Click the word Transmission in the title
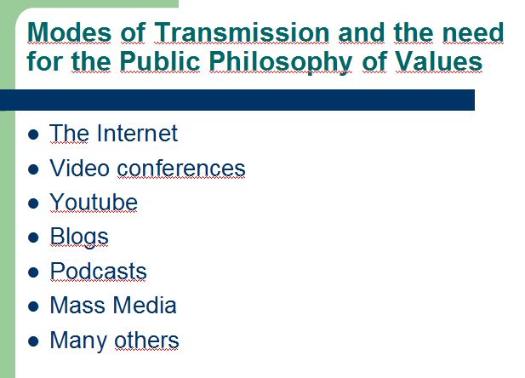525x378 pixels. click(242, 32)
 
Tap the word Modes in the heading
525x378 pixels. click(69, 32)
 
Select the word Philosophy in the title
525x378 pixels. click(281, 62)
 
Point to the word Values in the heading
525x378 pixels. click(439, 61)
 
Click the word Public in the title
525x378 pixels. click(160, 61)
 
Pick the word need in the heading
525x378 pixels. click(473, 32)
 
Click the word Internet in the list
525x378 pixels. click(137, 134)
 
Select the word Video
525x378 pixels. click(80, 168)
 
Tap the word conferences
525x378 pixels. click(181, 169)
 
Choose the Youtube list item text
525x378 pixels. click(94, 202)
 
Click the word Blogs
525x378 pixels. click(79, 238)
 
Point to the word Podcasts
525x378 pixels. click(99, 271)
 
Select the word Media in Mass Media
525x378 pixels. click(145, 306)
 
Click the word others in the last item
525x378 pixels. click(146, 341)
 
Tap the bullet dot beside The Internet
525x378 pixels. click(33, 135)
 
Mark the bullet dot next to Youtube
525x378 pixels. click(33, 203)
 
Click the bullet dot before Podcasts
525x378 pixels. click(33, 272)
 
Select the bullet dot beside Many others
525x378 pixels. click(33, 341)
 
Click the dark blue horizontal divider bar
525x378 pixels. click(237, 100)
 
